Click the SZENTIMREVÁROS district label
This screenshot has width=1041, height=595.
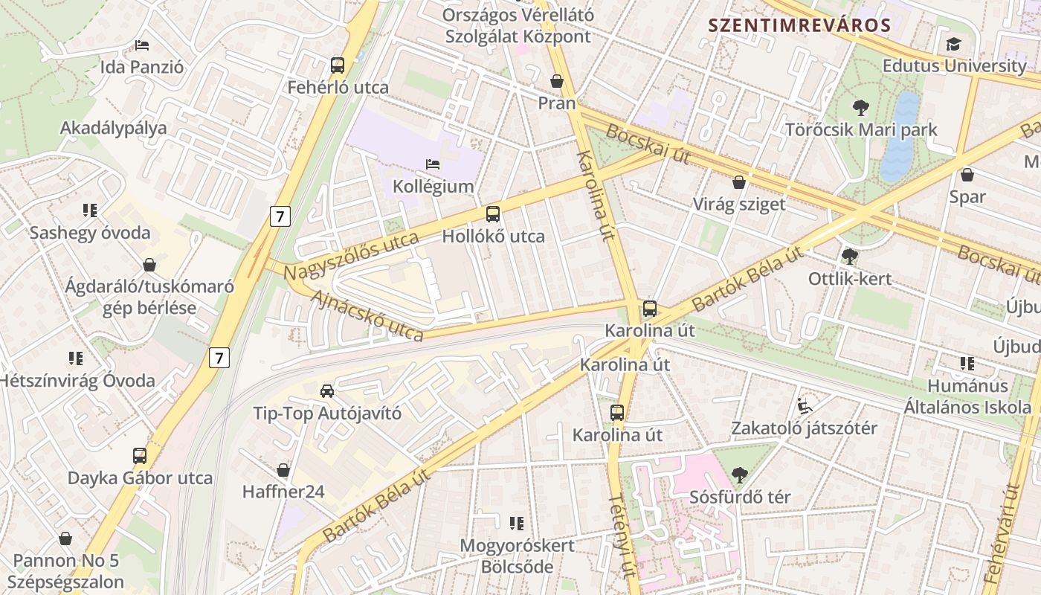(799, 25)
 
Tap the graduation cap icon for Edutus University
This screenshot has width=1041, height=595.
(953, 44)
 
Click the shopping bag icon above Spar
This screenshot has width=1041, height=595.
(967, 175)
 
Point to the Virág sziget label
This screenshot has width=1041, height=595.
(738, 204)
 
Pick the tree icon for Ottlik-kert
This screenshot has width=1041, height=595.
(849, 257)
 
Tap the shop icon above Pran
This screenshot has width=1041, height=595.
(557, 80)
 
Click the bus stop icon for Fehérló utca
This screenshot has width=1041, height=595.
(338, 65)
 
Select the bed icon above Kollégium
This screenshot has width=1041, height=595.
(433, 164)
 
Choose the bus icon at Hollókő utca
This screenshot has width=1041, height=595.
(492, 214)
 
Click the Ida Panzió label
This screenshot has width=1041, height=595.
(141, 67)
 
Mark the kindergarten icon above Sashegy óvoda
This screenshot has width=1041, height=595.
(90, 210)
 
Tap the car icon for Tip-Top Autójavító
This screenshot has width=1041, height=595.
(326, 390)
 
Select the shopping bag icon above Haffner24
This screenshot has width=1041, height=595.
(283, 470)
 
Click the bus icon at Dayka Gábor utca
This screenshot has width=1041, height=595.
(139, 455)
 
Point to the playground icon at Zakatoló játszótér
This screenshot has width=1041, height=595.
(804, 406)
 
